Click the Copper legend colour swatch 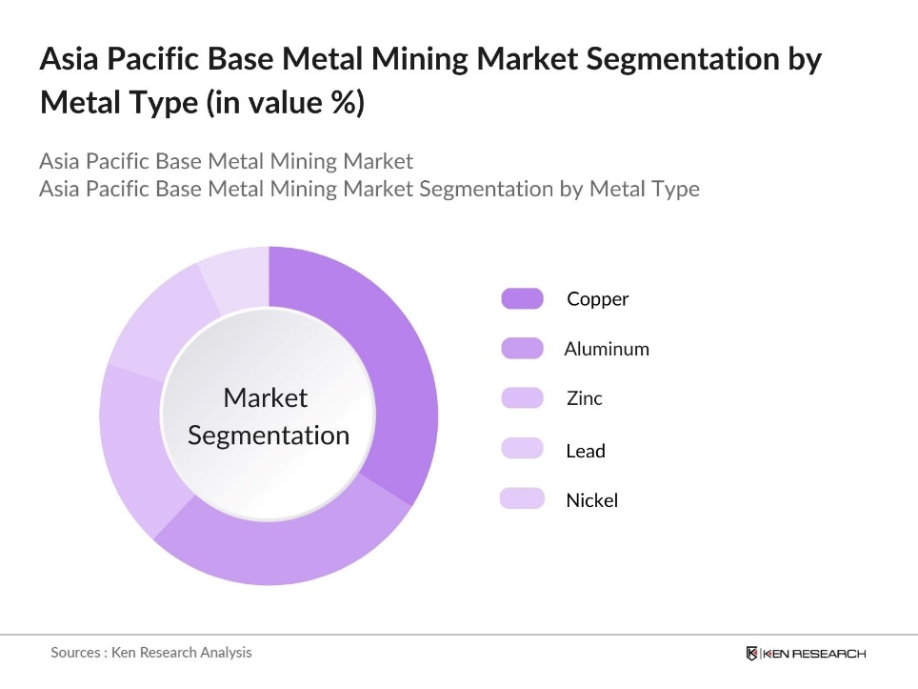pyautogui.click(x=522, y=299)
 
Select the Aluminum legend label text pyautogui.click(x=607, y=349)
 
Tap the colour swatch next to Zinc pyautogui.click(x=522, y=398)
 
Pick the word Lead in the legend pyautogui.click(x=586, y=451)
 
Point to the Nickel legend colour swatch pyautogui.click(x=522, y=498)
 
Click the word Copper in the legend pyautogui.click(x=598, y=299)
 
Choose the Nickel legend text pyautogui.click(x=592, y=500)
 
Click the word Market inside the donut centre pyautogui.click(x=266, y=397)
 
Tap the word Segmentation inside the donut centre pyautogui.click(x=269, y=436)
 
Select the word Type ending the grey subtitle pyautogui.click(x=673, y=189)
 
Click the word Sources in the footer pyautogui.click(x=75, y=653)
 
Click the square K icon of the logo pyautogui.click(x=752, y=654)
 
